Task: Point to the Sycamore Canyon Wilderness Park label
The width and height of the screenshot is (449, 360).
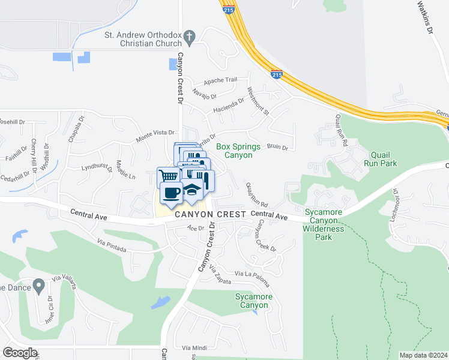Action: pyautogui.click(x=324, y=224)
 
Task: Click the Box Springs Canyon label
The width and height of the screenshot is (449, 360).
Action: pyautogui.click(x=238, y=151)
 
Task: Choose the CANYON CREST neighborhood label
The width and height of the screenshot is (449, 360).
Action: pyautogui.click(x=211, y=214)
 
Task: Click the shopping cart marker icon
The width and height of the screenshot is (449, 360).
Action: pyautogui.click(x=169, y=176)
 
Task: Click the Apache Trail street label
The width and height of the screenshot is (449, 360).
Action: pyautogui.click(x=221, y=80)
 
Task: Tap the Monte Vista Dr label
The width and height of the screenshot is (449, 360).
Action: pyautogui.click(x=155, y=133)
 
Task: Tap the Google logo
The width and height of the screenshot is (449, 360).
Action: pyautogui.click(x=20, y=353)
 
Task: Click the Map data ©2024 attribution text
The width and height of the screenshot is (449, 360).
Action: pyautogui.click(x=423, y=355)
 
